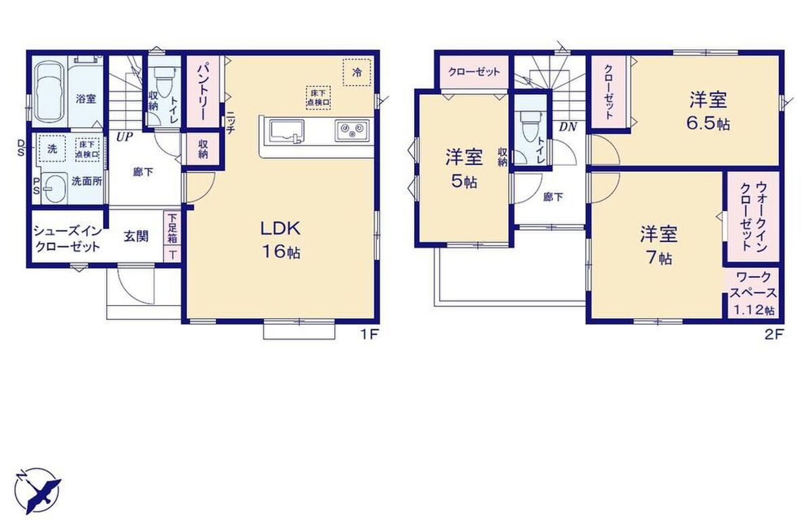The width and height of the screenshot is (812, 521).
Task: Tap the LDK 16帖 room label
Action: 281,240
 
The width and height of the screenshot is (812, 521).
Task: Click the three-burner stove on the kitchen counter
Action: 351,130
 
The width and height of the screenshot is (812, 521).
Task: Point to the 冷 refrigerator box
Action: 357,72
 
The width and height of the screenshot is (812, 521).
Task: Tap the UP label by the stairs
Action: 125,137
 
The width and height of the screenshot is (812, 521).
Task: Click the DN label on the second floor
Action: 568,127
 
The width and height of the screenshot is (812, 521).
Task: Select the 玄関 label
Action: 136,236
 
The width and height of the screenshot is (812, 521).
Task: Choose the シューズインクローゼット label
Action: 68,239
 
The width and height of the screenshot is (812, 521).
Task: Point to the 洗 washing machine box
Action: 52,149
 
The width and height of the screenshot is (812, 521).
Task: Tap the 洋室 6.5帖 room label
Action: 708,112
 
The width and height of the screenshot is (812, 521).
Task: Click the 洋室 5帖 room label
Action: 464,170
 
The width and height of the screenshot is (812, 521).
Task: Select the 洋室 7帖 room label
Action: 658,245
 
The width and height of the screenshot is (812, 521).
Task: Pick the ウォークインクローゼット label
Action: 753,217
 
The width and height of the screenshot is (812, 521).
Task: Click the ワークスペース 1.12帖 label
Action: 754,293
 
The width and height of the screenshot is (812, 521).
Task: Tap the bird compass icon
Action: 38,490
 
